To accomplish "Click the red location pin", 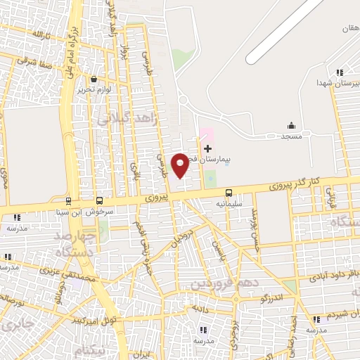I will pyautogui.click(x=181, y=164).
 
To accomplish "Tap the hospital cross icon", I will pyautogui.click(x=207, y=148).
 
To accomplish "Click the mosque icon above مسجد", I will pyautogui.click(x=291, y=126).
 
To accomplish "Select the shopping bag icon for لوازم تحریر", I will pyautogui.click(x=94, y=79).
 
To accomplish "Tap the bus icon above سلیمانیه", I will pyautogui.click(x=229, y=193).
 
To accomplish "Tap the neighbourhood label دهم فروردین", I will pyautogui.click(x=220, y=283).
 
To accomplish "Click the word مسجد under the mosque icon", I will pyautogui.click(x=291, y=136).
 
